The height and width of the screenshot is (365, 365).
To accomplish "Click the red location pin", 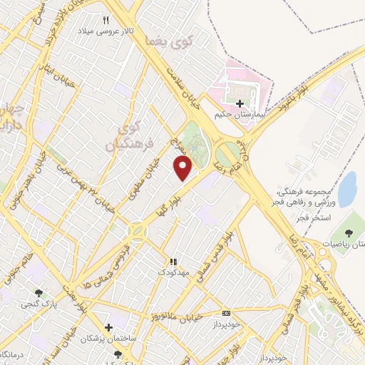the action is [183, 168].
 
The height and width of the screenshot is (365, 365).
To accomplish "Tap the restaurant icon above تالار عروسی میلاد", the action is [107, 20].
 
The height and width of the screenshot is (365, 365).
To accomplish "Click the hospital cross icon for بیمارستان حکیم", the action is [240, 103].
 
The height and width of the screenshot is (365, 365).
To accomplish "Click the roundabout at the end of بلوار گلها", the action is [136, 230].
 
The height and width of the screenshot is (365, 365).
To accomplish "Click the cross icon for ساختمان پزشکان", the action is [108, 327].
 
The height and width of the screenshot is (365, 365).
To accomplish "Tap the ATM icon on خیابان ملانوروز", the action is [227, 312].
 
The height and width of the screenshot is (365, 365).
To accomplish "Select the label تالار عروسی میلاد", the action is [106, 33].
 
